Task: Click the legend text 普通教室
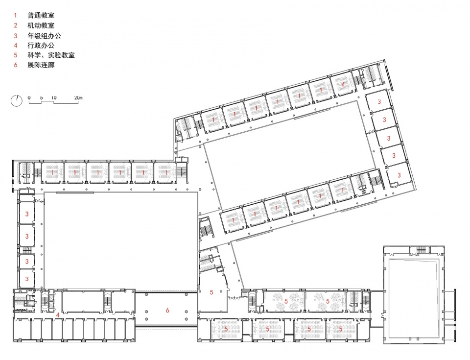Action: point(41,15)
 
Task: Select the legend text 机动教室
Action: point(41,25)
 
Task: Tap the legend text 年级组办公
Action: point(44,36)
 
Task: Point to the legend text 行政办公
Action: point(41,45)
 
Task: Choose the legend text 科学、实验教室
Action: point(51,55)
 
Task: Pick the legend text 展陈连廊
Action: point(41,65)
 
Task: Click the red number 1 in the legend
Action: point(16,15)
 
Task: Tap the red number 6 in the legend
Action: point(16,65)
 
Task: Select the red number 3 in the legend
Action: point(16,36)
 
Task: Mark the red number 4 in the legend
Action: point(16,45)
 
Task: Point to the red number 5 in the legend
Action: point(16,55)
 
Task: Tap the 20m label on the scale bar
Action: point(78,98)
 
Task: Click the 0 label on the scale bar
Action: point(29,98)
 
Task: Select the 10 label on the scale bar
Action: point(54,98)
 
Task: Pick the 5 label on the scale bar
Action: point(41,98)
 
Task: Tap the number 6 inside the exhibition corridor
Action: point(167,310)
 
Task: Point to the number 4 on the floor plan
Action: point(58,315)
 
